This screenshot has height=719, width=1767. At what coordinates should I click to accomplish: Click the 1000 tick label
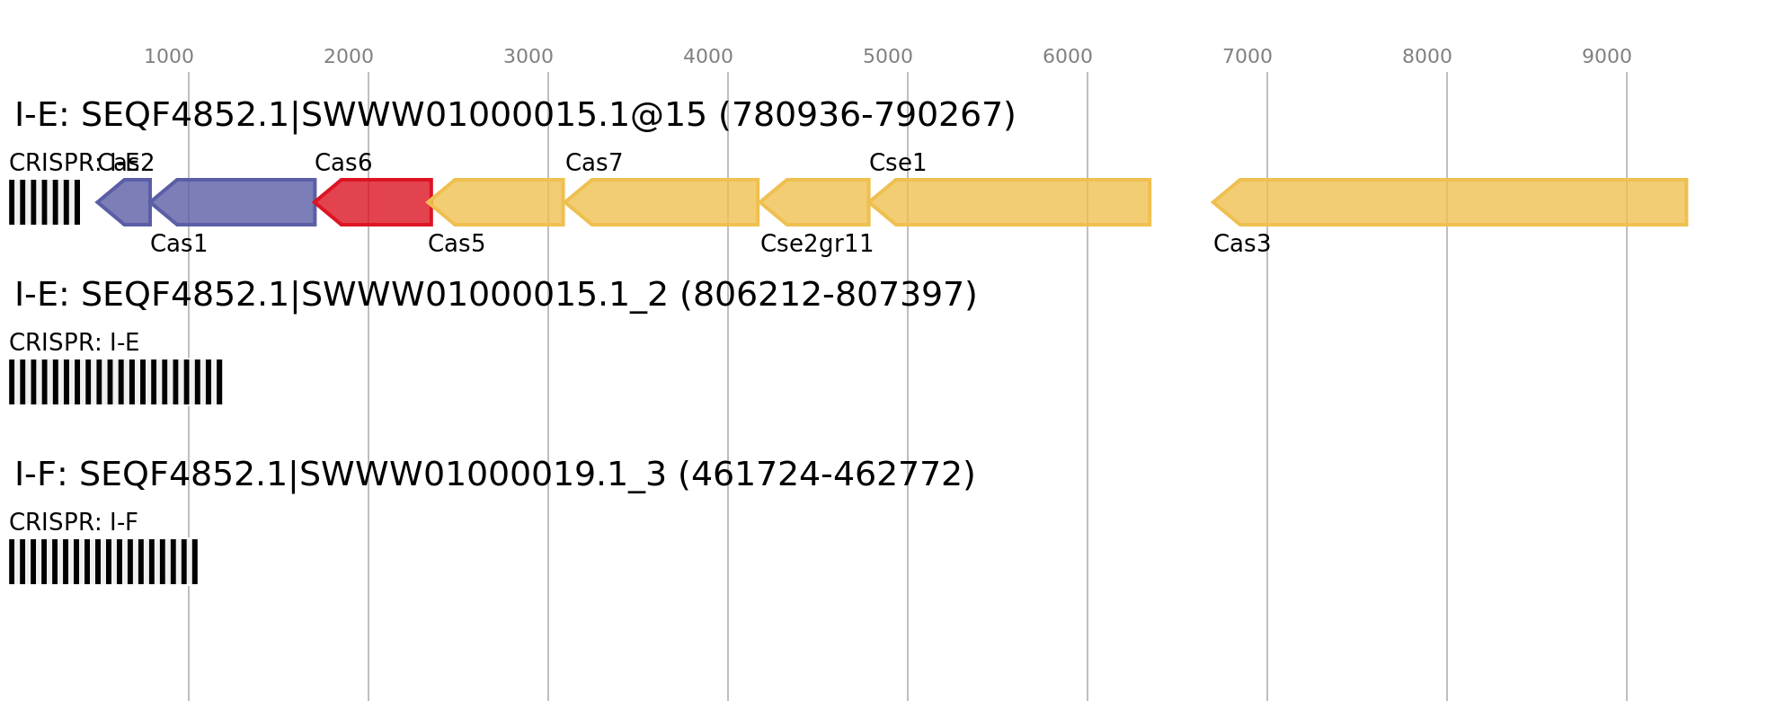[169, 57]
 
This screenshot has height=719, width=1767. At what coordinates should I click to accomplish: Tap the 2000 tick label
[349, 57]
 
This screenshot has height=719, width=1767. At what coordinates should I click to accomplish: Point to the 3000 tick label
[528, 57]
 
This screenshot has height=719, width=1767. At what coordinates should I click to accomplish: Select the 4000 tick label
[708, 57]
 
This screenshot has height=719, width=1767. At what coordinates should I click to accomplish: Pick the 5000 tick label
[888, 57]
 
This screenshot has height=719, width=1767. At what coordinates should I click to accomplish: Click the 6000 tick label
[1068, 57]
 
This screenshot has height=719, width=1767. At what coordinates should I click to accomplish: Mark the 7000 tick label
[1248, 57]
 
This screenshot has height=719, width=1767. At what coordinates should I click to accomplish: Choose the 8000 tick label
[1427, 57]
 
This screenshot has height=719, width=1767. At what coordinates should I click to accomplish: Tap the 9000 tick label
[1607, 57]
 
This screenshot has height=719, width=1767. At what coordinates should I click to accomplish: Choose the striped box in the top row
[44, 202]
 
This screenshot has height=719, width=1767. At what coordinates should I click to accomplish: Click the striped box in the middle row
[116, 382]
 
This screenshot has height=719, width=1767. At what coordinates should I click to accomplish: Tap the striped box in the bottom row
[103, 562]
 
